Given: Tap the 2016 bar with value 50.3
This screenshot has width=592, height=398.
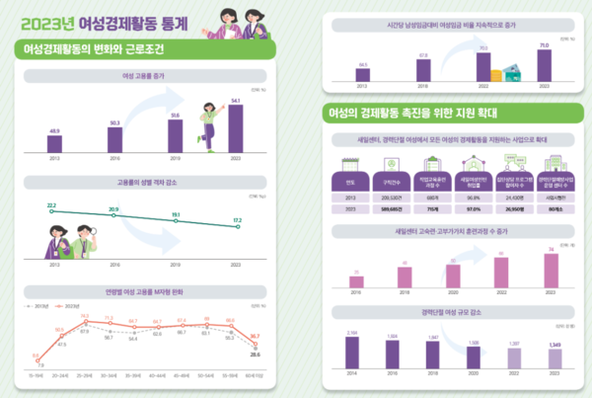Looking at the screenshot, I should tap(114, 140).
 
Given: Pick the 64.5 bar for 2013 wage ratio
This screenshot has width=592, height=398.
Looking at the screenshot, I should tap(363, 73).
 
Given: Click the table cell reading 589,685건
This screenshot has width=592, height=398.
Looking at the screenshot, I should tap(393, 209).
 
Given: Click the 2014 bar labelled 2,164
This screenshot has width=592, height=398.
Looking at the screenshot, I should tap(350, 352).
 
